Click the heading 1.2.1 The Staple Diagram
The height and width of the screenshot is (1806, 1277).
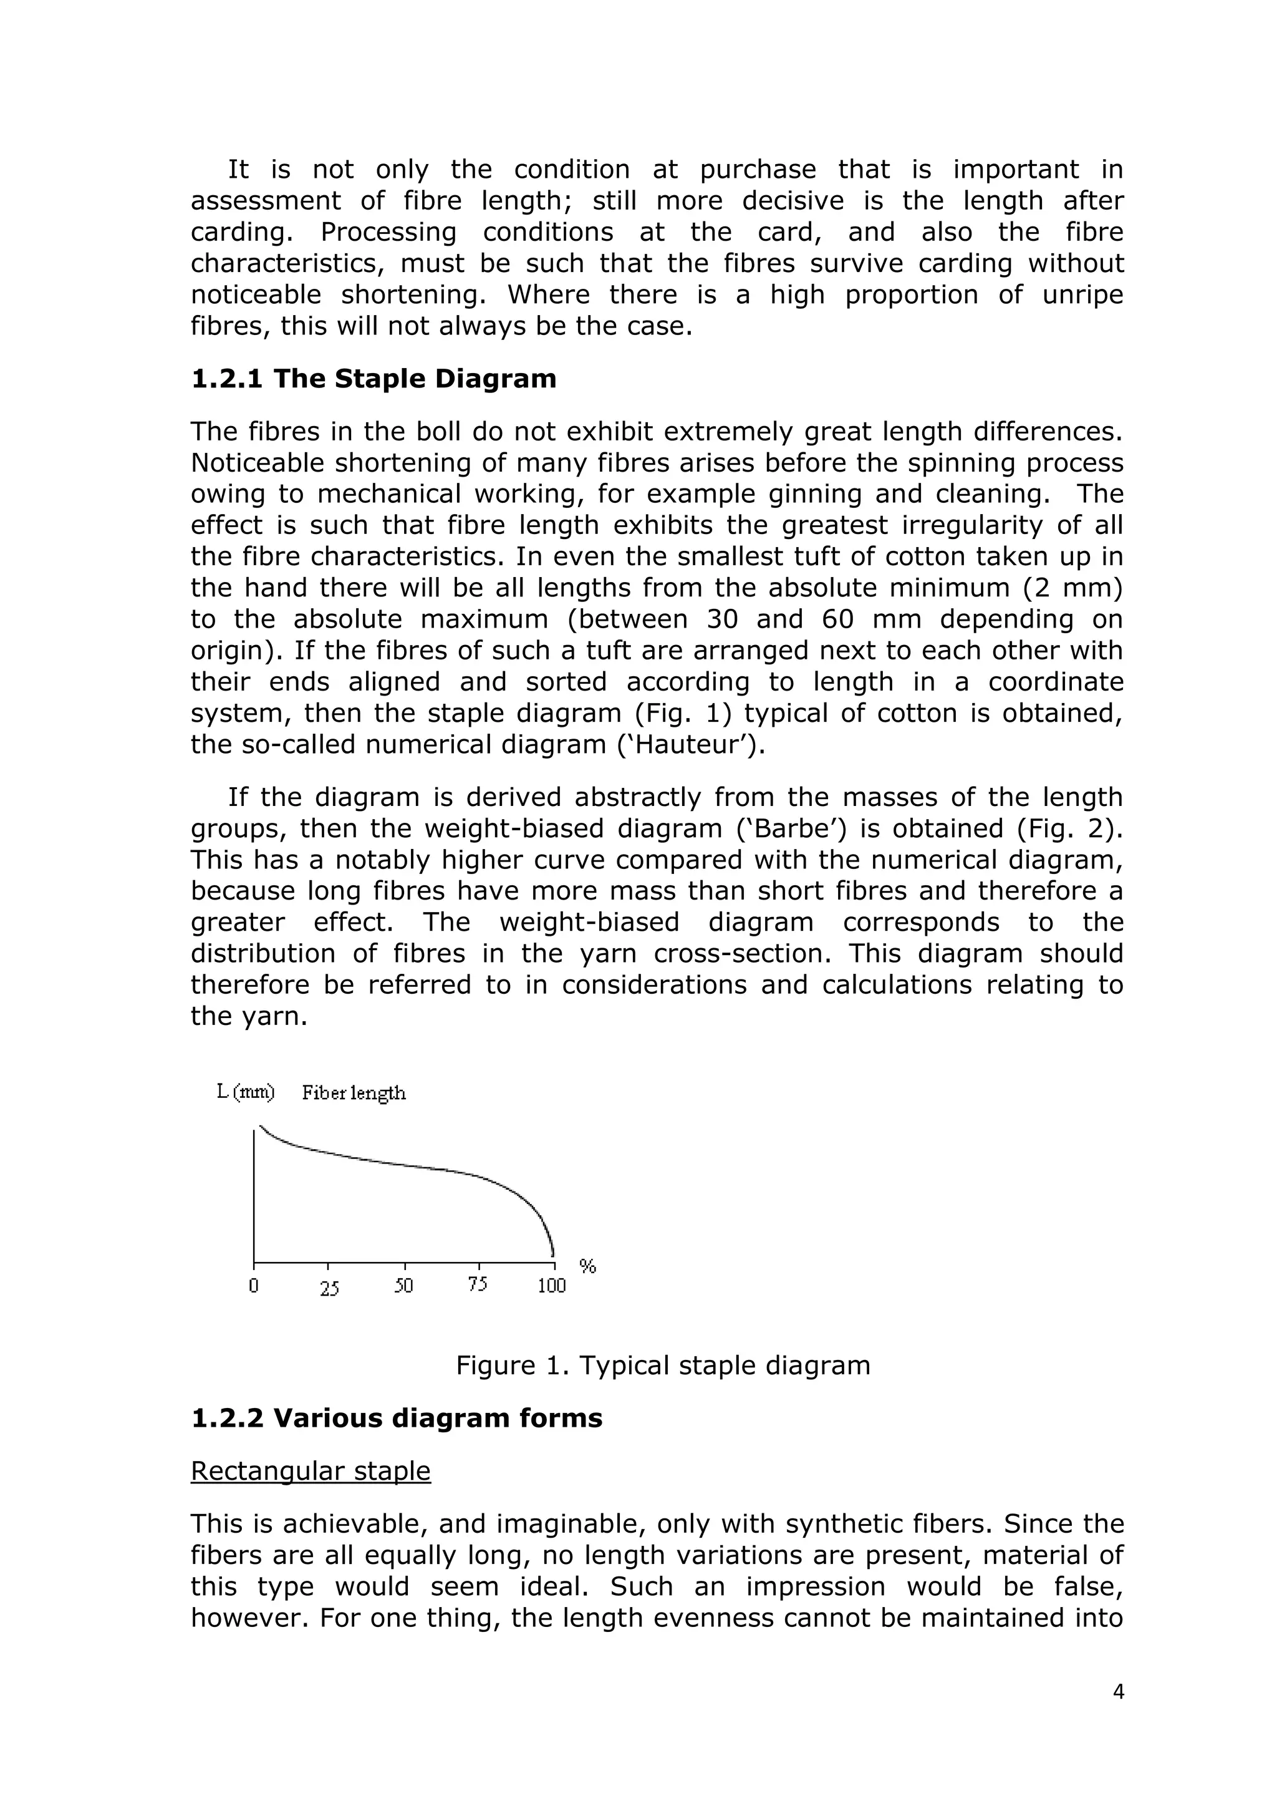(x=373, y=379)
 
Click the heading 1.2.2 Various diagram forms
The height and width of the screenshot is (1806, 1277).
(x=397, y=1418)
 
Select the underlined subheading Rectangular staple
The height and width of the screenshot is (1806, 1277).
(x=311, y=1471)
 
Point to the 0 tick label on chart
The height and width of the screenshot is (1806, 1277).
(x=253, y=1286)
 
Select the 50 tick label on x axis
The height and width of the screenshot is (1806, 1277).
(x=403, y=1286)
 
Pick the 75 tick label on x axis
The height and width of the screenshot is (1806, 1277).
(x=477, y=1284)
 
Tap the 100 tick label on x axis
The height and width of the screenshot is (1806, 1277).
(x=552, y=1286)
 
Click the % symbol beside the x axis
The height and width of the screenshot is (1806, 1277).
(x=587, y=1266)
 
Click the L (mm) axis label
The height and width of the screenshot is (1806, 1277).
(x=245, y=1092)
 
